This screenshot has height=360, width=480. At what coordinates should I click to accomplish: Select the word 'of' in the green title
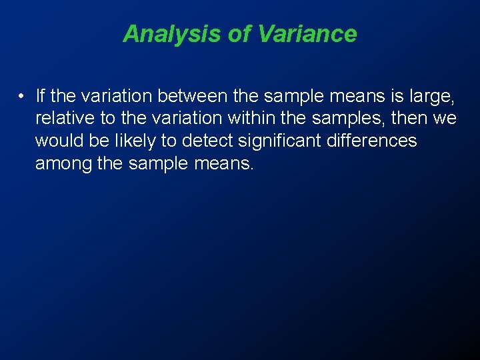pyautogui.click(x=239, y=33)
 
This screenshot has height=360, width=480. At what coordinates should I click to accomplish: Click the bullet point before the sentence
pyautogui.click(x=22, y=97)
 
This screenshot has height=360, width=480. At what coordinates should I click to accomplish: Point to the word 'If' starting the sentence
pyautogui.click(x=40, y=96)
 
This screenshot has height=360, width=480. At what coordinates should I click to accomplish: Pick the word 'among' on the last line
pyautogui.click(x=63, y=163)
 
